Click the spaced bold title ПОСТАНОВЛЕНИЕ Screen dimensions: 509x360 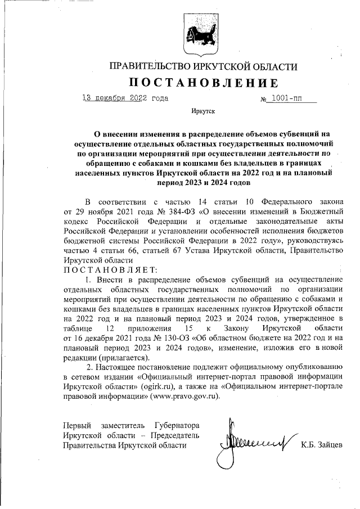tap(204, 83)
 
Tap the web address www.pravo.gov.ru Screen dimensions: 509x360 tap(183, 396)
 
